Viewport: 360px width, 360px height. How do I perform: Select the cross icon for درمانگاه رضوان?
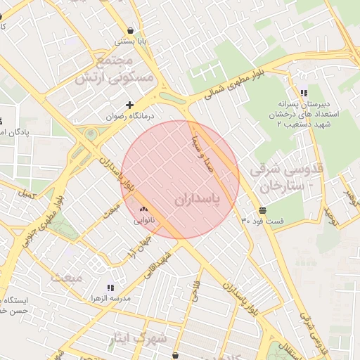click(x=129, y=104)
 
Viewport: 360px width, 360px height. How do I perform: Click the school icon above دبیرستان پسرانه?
click(x=303, y=93)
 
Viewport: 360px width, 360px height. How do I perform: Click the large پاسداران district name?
click(x=197, y=200)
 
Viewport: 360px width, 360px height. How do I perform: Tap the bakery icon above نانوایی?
click(x=144, y=208)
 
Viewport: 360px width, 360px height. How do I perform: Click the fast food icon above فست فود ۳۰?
click(x=262, y=210)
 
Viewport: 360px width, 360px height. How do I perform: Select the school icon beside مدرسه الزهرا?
click(x=110, y=288)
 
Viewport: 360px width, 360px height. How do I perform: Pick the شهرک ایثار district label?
click(x=137, y=339)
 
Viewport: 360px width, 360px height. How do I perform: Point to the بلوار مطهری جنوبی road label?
click(x=38, y=214)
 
